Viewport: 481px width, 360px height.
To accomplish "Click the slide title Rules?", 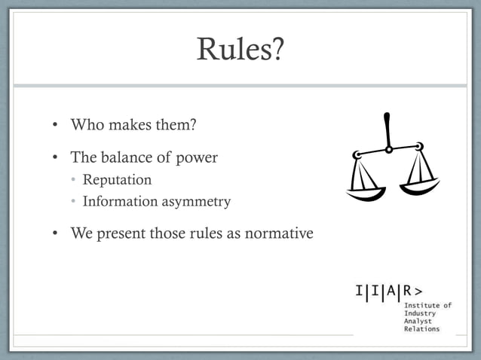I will click(x=240, y=49).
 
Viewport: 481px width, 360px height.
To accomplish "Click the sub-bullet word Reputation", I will click(x=117, y=180).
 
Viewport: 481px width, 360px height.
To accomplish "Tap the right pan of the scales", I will click(x=420, y=185).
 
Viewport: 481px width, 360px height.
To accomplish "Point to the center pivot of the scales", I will click(x=388, y=149).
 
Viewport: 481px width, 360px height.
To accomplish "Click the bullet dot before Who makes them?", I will click(x=56, y=124).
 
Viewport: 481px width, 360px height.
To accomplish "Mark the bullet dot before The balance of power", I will click(x=56, y=159).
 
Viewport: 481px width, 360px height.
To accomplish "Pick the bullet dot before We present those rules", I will click(x=56, y=234).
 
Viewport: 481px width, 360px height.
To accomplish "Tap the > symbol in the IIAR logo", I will click(x=418, y=291).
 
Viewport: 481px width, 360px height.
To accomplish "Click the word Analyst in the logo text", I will click(x=420, y=321).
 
